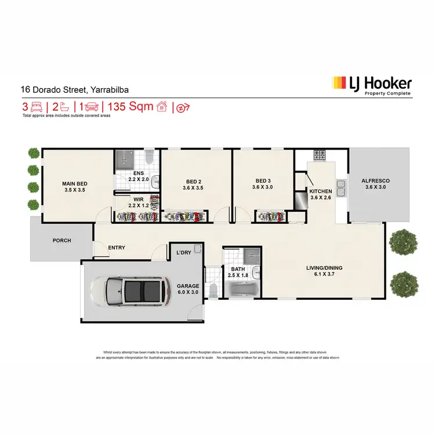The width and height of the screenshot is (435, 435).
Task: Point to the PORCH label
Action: click(61, 240)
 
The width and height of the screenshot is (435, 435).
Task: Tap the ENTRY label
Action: click(117, 248)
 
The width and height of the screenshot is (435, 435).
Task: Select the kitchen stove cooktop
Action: click(320, 155)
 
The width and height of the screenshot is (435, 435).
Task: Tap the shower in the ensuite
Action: click(124, 159)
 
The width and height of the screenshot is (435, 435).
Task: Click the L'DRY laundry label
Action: click(184, 252)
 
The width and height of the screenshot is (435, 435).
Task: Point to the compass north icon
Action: click(183, 107)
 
